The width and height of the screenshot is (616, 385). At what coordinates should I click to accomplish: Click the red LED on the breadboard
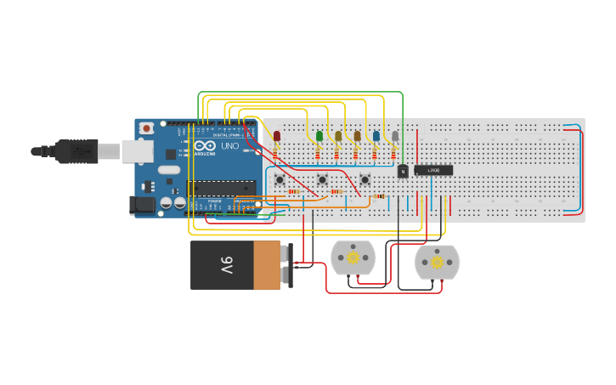point(277,136)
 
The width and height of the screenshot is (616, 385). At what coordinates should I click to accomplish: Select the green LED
point(319,136)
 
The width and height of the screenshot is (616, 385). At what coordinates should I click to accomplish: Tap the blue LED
point(376,136)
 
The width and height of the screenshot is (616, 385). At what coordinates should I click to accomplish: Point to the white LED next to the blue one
point(395,136)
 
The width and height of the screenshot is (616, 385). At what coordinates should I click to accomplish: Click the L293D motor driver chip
point(433,170)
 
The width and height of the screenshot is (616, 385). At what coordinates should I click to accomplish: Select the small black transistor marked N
point(403,171)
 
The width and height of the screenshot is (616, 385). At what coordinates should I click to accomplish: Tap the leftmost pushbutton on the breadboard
point(280,179)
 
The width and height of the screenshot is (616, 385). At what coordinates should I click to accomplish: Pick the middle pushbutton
point(322,179)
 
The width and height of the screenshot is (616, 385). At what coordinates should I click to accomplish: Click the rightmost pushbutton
point(365,179)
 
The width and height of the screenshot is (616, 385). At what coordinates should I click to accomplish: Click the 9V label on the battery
point(226,265)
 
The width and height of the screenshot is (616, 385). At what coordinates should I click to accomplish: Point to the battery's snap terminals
point(288,265)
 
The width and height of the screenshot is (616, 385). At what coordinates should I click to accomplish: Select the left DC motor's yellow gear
point(353,258)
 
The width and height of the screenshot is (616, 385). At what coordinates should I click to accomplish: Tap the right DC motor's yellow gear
point(437,263)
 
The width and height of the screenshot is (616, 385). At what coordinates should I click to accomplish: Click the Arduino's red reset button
point(147,128)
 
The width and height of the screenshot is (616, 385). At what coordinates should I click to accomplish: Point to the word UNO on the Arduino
point(229,146)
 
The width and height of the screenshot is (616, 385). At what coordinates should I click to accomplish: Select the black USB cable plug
point(76,150)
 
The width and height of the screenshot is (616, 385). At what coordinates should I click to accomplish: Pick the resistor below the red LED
point(275,155)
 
